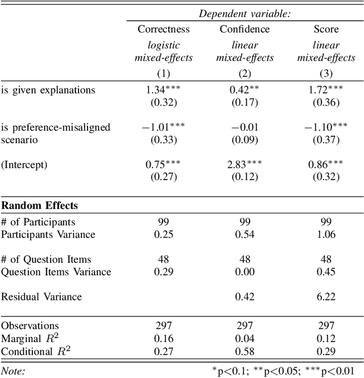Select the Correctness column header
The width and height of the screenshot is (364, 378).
[x=163, y=29]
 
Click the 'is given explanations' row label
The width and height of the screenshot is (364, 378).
[x=48, y=90]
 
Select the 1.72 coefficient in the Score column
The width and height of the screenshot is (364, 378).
[x=321, y=90]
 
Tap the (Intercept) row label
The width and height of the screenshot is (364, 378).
[x=24, y=164]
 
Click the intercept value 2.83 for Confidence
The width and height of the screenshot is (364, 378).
[x=239, y=164]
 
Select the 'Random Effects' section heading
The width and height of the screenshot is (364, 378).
[x=39, y=206]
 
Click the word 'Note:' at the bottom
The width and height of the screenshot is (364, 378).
[x=13, y=370]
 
